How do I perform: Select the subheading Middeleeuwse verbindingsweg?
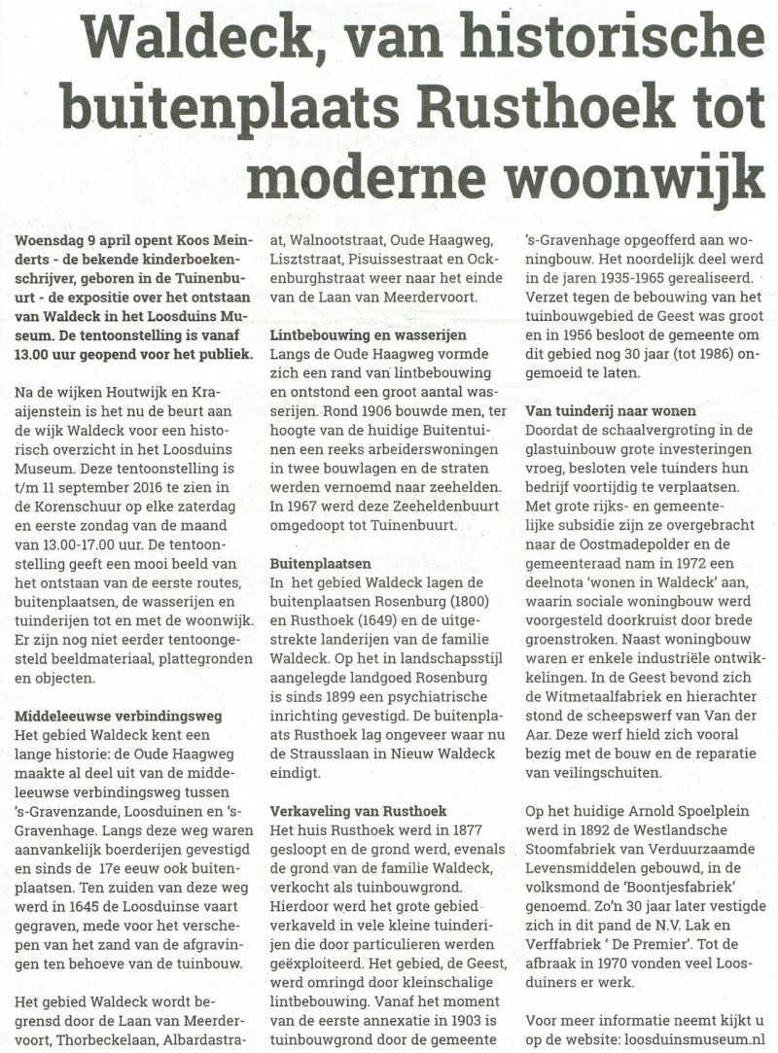tap(120, 716)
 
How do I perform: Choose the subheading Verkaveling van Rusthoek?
tap(358, 810)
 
